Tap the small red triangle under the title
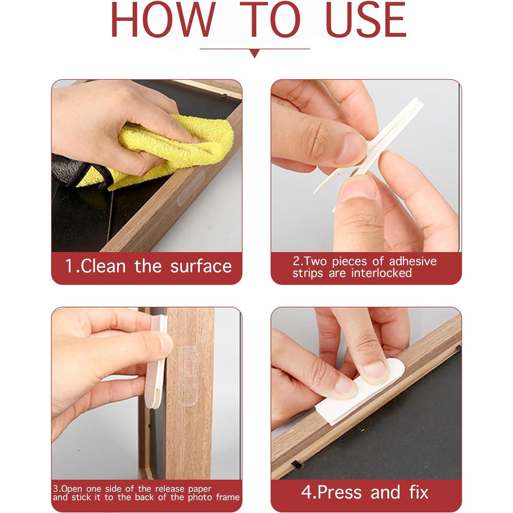(x=254, y=53)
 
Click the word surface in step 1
(x=201, y=266)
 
